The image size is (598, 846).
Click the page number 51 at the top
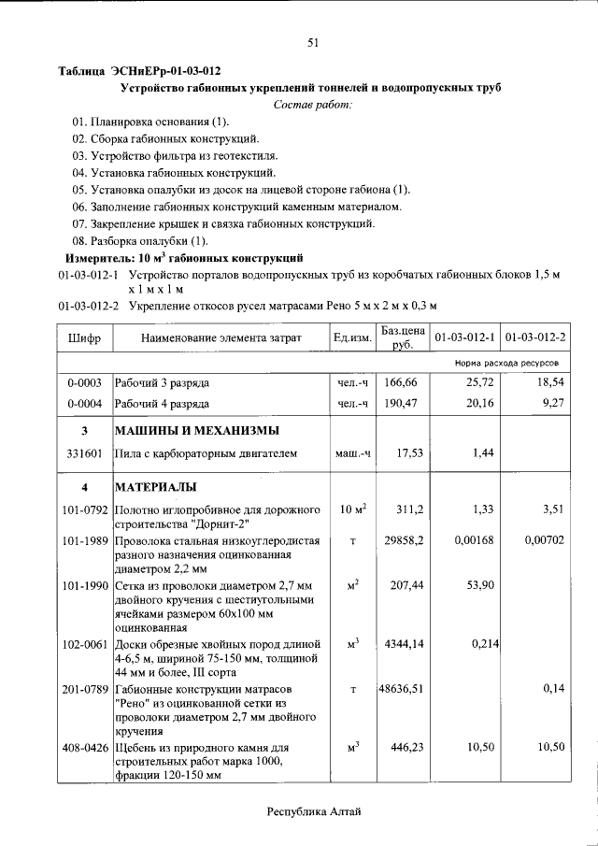click(x=313, y=41)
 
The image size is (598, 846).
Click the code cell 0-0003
click(x=85, y=383)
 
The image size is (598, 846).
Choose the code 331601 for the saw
click(x=85, y=453)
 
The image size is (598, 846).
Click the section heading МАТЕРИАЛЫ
click(x=155, y=487)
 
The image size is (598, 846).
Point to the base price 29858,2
click(x=405, y=541)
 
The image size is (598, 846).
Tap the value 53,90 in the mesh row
click(x=477, y=584)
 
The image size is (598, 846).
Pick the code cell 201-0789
click(x=85, y=689)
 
